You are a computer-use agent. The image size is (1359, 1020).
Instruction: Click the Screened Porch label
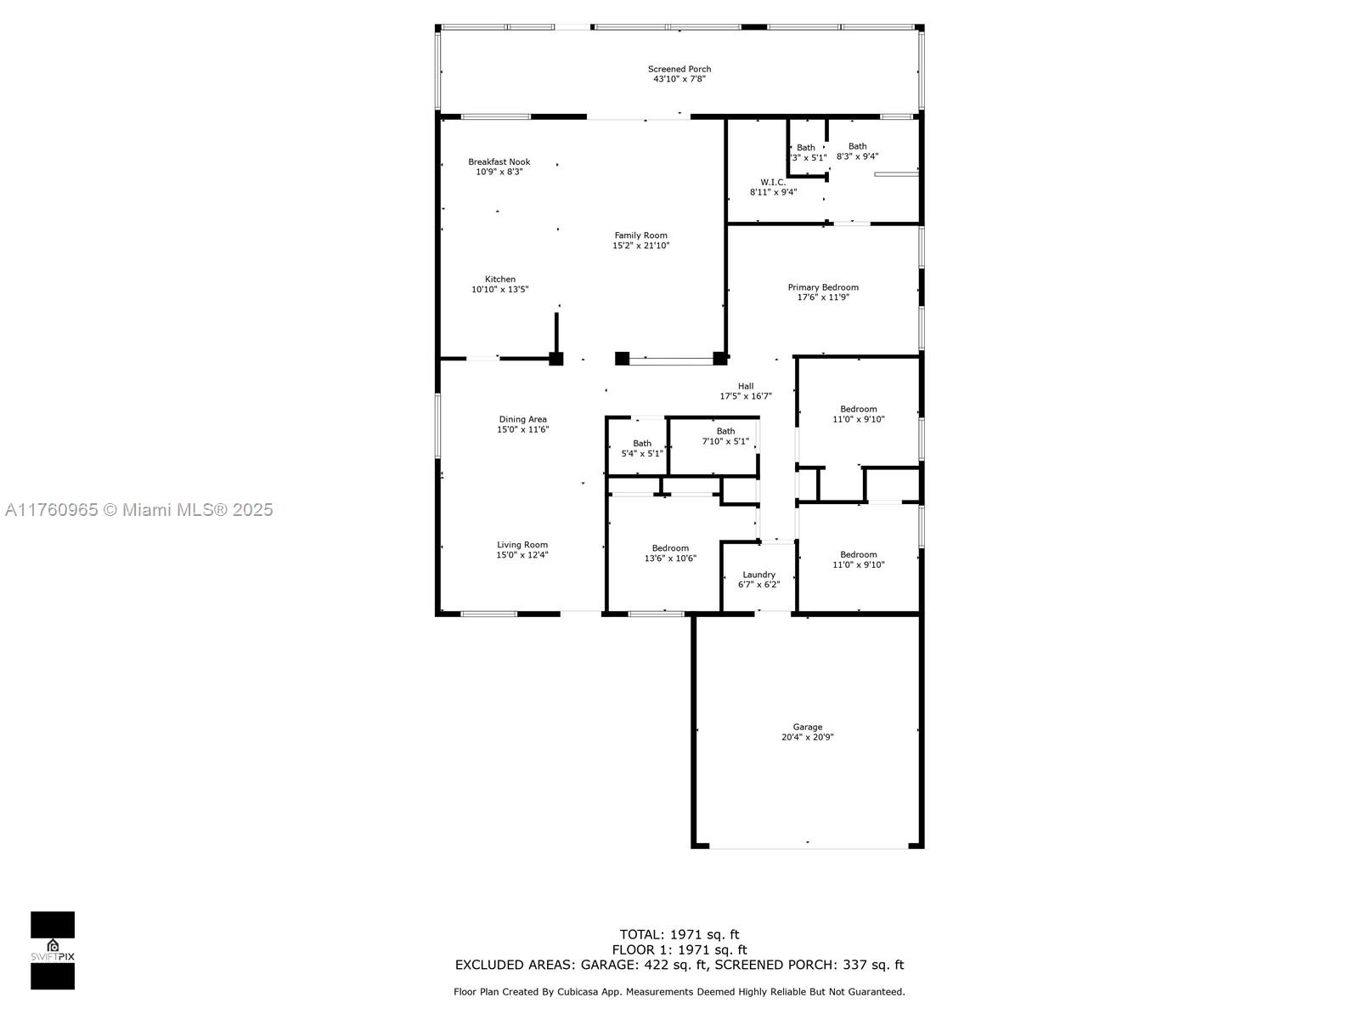[x=679, y=69]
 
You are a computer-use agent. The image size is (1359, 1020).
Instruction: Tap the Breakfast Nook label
[x=499, y=161]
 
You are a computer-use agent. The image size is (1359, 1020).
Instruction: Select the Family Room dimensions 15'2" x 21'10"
[x=640, y=246]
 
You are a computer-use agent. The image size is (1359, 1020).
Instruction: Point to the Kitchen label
[x=499, y=280]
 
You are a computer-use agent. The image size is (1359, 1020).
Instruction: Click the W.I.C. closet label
[x=773, y=182]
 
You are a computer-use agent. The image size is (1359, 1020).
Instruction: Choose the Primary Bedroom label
[x=823, y=287]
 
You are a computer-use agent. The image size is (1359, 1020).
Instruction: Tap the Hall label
[x=746, y=386]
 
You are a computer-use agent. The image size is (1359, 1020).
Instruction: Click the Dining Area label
[x=522, y=419]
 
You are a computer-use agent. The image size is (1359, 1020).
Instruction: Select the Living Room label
[x=522, y=545]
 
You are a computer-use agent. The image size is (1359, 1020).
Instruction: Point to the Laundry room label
[x=758, y=575]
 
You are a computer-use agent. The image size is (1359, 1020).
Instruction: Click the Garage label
[x=808, y=727]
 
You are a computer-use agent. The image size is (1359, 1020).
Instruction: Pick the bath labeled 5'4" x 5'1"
[x=642, y=449]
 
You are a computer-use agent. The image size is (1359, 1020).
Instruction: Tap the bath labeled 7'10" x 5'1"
[x=725, y=436]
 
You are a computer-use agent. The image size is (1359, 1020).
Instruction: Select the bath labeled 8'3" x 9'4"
[x=858, y=151]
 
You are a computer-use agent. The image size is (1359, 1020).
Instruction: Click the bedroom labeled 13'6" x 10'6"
[x=670, y=553]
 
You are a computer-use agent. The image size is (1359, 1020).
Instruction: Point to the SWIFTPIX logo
[x=53, y=950]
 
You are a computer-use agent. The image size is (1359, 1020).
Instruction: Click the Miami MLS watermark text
[x=138, y=510]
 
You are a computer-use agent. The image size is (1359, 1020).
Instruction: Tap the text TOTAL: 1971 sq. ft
[x=679, y=934]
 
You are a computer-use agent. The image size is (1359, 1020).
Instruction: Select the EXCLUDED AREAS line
[x=679, y=964]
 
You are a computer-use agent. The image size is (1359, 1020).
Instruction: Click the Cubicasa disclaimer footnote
[x=679, y=991]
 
